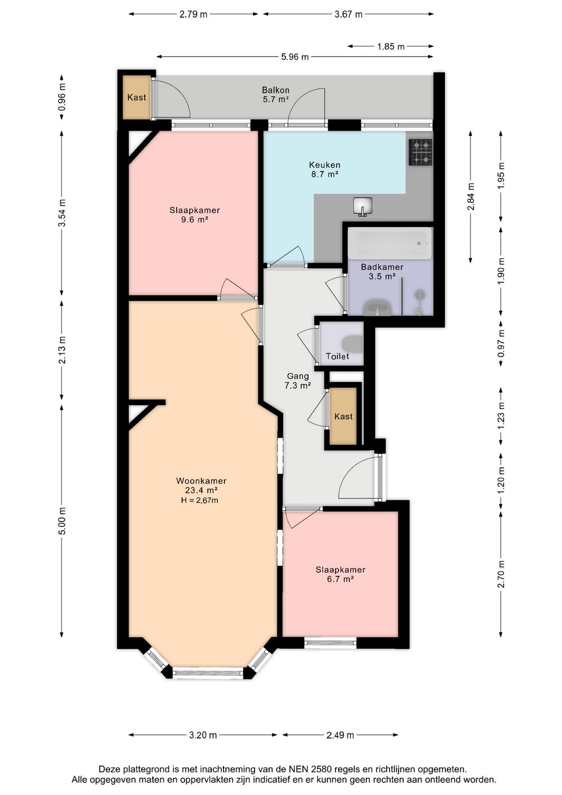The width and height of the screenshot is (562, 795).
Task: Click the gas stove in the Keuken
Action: [421, 152]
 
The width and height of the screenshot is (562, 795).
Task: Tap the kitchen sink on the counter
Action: [363, 207]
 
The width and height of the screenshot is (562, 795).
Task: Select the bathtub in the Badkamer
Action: [390, 243]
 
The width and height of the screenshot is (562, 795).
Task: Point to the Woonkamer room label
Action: [201, 481]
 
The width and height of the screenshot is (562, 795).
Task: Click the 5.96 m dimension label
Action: [294, 57]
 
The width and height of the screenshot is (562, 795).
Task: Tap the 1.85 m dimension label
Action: [391, 47]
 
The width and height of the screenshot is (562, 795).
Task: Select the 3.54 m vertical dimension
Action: [62, 213]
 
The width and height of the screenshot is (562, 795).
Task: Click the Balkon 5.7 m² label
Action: [276, 95]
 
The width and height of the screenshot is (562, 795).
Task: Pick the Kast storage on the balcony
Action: [137, 97]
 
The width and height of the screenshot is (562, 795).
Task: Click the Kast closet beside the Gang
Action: [343, 416]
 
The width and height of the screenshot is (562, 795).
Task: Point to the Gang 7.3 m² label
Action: [298, 381]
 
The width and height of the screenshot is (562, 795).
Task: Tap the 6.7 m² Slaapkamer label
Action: [341, 574]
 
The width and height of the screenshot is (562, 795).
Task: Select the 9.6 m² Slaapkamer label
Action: [195, 215]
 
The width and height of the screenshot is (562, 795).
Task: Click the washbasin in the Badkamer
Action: [378, 308]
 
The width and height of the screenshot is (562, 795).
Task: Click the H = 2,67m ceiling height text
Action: [200, 501]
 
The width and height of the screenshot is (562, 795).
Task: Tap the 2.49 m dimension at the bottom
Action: [340, 735]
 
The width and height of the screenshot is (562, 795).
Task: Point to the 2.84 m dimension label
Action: [471, 197]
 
